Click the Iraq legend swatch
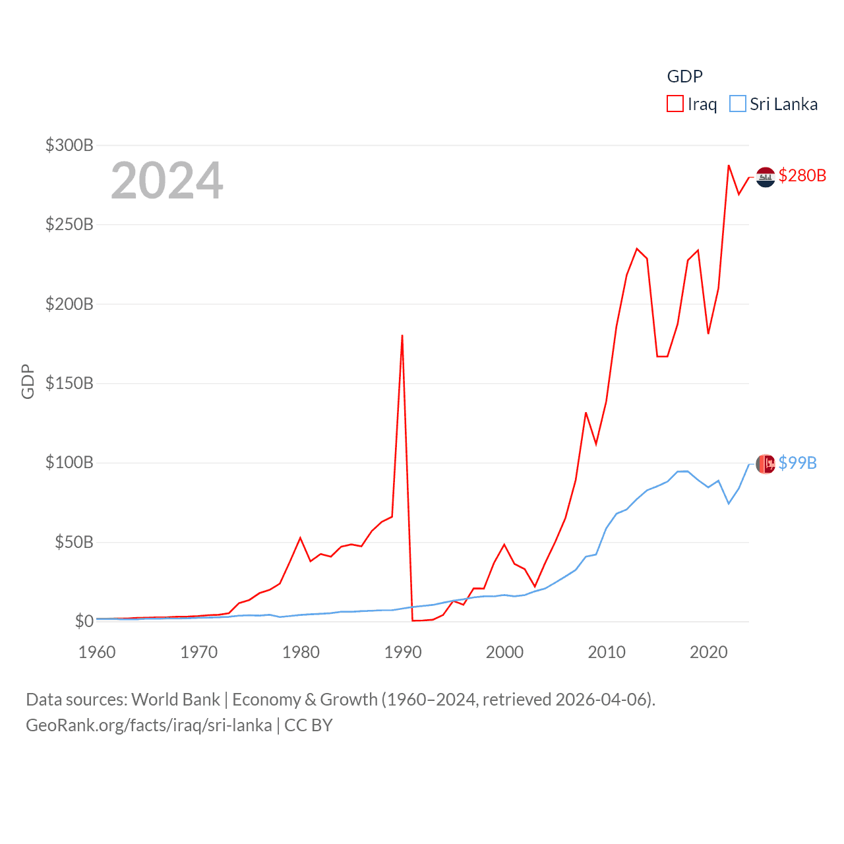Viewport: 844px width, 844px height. (675, 104)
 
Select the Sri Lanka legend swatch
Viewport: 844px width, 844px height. (737, 104)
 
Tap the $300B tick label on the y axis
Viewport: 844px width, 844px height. (69, 145)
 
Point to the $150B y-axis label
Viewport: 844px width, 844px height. (69, 383)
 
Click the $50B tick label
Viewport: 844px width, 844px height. (74, 542)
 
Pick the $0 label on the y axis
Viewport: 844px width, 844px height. (84, 621)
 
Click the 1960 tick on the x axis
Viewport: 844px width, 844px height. (97, 652)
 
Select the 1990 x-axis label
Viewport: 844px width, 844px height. (403, 652)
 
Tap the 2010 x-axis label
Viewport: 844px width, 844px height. (607, 652)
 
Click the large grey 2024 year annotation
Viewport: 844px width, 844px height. (167, 181)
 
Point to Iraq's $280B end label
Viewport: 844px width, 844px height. (802, 175)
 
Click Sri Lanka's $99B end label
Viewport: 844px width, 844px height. (797, 463)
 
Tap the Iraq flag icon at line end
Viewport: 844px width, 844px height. (765, 177)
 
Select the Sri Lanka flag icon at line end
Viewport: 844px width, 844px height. (765, 464)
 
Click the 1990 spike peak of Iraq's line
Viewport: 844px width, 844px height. (402, 336)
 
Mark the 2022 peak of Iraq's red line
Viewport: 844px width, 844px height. (729, 166)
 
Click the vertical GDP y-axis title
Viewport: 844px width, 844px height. (28, 381)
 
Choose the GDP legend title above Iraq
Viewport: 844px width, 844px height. (684, 76)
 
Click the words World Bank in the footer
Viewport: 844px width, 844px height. (175, 699)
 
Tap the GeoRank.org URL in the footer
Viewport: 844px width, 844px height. (148, 725)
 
